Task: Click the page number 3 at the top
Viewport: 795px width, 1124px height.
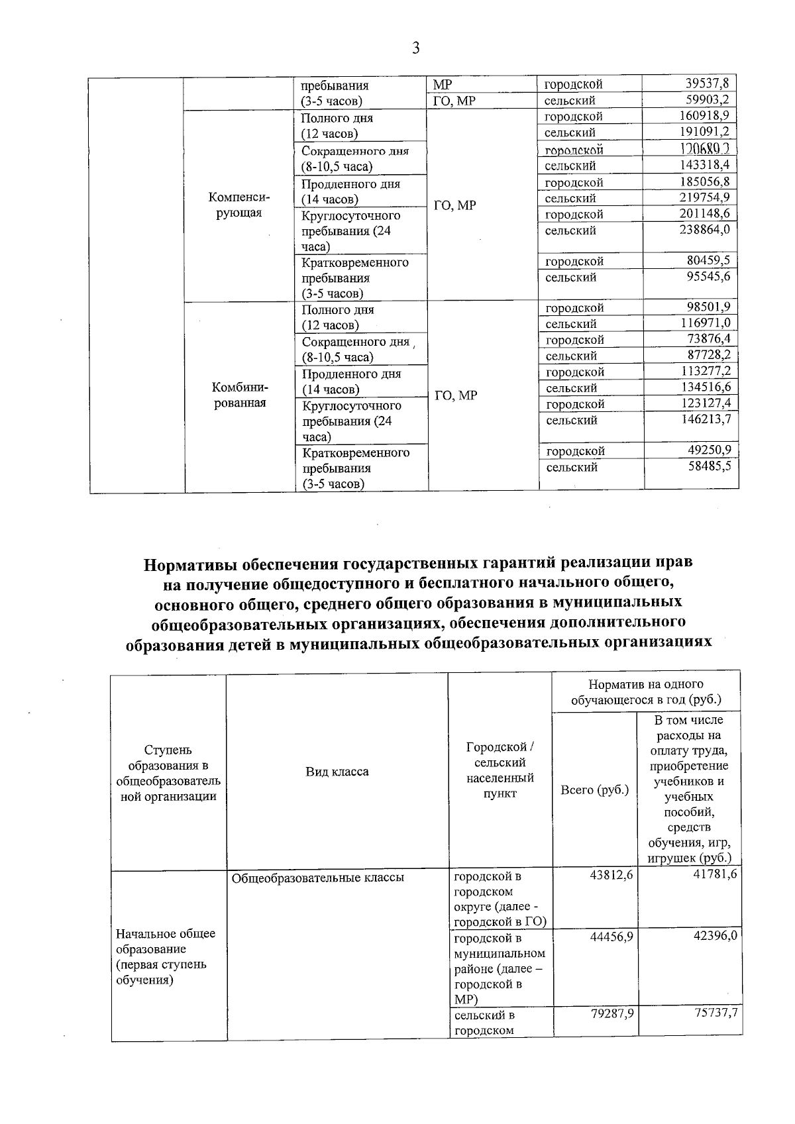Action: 415,48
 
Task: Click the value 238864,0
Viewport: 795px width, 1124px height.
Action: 704,230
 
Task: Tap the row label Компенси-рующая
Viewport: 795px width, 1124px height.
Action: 239,205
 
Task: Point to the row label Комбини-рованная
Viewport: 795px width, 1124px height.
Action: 239,395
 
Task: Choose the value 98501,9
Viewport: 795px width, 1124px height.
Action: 707,307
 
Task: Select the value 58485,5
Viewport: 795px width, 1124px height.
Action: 709,467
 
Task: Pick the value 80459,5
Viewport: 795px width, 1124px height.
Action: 708,261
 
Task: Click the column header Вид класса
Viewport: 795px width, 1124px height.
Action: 337,772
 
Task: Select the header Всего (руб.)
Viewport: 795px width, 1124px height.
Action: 594,790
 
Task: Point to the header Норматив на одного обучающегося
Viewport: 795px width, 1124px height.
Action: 646,691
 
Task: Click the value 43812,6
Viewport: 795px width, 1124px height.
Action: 611,875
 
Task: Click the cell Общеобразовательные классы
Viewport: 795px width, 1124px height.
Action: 317,878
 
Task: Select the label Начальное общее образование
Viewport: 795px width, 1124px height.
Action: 166,941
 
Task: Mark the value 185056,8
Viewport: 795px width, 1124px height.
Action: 704,182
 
